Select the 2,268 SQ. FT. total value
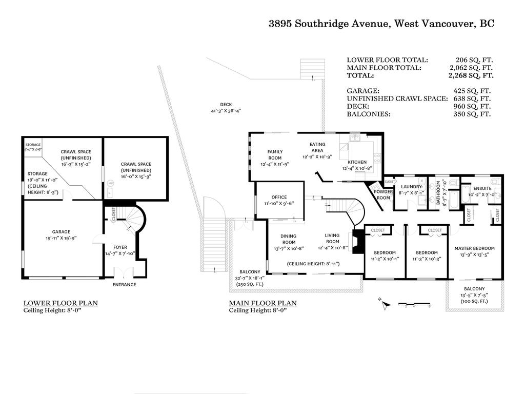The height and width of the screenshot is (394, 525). coord(471,75)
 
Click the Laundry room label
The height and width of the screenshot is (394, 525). coord(411,187)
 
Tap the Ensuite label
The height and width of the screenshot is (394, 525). coord(482,188)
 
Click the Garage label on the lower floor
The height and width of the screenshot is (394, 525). coord(60,231)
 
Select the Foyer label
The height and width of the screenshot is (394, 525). coord(120,233)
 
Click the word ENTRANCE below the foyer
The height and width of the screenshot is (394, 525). coord(125,285)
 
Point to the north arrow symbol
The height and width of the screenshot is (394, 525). coord(387,304)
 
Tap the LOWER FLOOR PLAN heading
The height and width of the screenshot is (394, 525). coord(60,303)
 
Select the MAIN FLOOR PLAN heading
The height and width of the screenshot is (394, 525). coord(262,303)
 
